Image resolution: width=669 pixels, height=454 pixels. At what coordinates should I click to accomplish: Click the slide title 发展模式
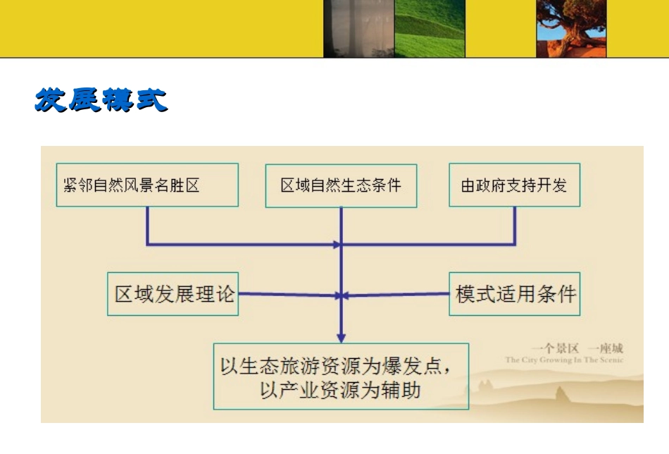(101, 101)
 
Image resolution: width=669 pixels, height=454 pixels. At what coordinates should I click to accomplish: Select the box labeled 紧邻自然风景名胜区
(147, 185)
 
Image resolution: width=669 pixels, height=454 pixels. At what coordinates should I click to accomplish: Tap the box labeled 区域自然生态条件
(341, 185)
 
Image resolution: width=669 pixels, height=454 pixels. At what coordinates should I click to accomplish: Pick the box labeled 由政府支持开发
(514, 185)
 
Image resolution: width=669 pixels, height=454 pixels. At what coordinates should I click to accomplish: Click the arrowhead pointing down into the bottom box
(341, 337)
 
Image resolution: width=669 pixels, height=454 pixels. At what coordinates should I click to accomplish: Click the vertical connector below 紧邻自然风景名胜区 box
(147, 226)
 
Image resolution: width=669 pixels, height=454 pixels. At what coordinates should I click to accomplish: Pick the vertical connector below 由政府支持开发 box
(515, 226)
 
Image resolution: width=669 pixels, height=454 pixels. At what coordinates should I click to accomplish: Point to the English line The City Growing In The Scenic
(564, 360)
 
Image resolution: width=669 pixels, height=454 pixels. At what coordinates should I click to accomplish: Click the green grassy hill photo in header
(430, 28)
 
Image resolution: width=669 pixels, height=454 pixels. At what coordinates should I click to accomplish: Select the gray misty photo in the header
(358, 28)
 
